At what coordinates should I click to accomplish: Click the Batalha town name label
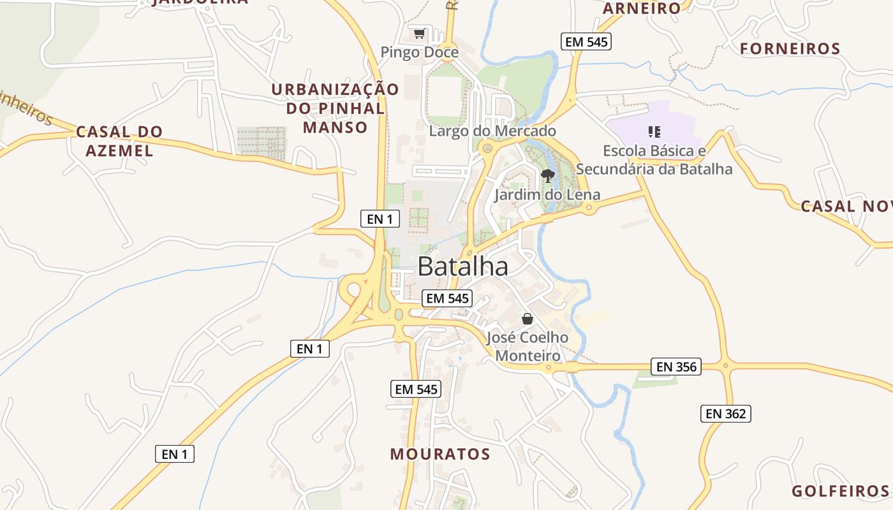click(x=462, y=266)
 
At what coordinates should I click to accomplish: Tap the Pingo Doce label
click(x=419, y=52)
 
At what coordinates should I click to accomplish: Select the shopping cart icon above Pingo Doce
click(x=419, y=33)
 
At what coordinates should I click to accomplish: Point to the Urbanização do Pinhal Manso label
click(x=335, y=108)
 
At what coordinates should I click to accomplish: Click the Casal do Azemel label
click(x=119, y=141)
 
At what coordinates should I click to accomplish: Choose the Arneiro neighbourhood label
click(x=642, y=8)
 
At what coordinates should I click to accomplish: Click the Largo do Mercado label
click(x=492, y=131)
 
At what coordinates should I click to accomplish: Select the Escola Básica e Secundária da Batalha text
click(x=654, y=160)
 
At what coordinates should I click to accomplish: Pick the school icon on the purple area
click(x=654, y=132)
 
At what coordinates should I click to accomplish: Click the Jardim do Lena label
click(x=547, y=194)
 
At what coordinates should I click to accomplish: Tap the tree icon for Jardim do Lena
click(x=547, y=175)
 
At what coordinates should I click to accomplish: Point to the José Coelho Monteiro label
click(x=528, y=346)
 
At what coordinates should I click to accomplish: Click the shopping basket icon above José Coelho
click(x=528, y=318)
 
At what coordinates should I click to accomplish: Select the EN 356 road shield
click(x=676, y=367)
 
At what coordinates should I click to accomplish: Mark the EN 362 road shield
click(x=726, y=413)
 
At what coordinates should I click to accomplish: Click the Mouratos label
click(x=440, y=454)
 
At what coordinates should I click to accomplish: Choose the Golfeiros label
click(x=839, y=491)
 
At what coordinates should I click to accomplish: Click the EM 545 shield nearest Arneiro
click(x=586, y=42)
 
